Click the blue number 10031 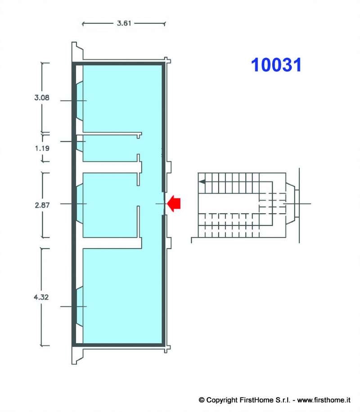click(276, 65)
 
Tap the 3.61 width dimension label click(124, 23)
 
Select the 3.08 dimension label click(42, 98)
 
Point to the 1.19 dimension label click(42, 148)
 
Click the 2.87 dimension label click(42, 205)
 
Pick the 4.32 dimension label click(41, 297)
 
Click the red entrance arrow click(174, 203)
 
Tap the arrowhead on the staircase click(202, 182)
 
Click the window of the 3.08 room click(80, 101)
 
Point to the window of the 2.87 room click(80, 204)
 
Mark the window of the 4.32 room click(80, 307)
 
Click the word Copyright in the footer click(222, 400)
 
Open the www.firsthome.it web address click(324, 400)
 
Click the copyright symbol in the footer click(202, 400)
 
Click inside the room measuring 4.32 click(122, 296)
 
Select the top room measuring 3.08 click(122, 99)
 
